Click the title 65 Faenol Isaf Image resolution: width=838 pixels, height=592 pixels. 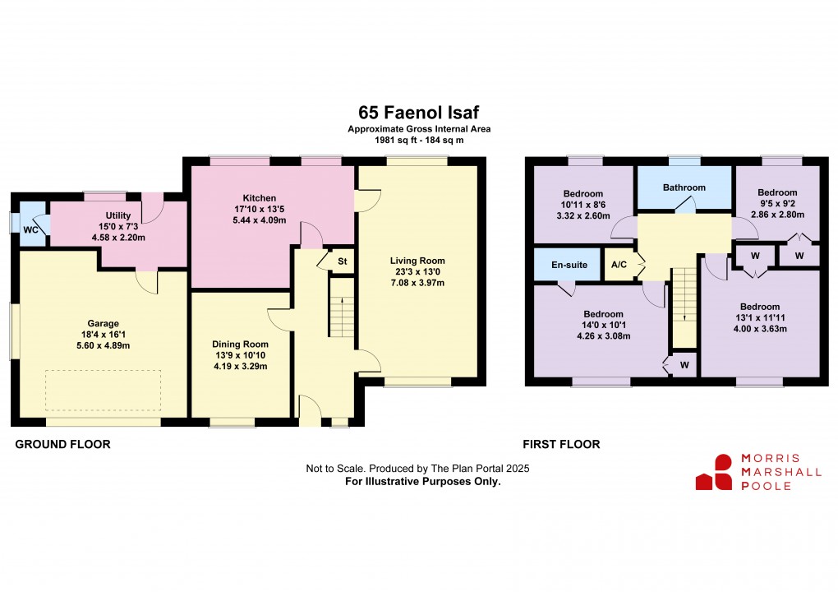(419, 111)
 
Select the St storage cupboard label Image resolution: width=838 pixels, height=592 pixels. (342, 261)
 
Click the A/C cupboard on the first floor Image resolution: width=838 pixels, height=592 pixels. (618, 266)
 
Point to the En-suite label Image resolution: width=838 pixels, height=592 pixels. (568, 266)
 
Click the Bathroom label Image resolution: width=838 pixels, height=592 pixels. (684, 187)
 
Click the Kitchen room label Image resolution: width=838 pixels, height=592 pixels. (259, 197)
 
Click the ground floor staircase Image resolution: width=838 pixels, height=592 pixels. (341, 307)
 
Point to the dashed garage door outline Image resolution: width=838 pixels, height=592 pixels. (103, 390)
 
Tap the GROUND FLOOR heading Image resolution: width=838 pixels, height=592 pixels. (63, 444)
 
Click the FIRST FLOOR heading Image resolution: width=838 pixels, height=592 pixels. (561, 444)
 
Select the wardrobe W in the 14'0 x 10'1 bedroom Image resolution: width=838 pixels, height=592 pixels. (684, 363)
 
